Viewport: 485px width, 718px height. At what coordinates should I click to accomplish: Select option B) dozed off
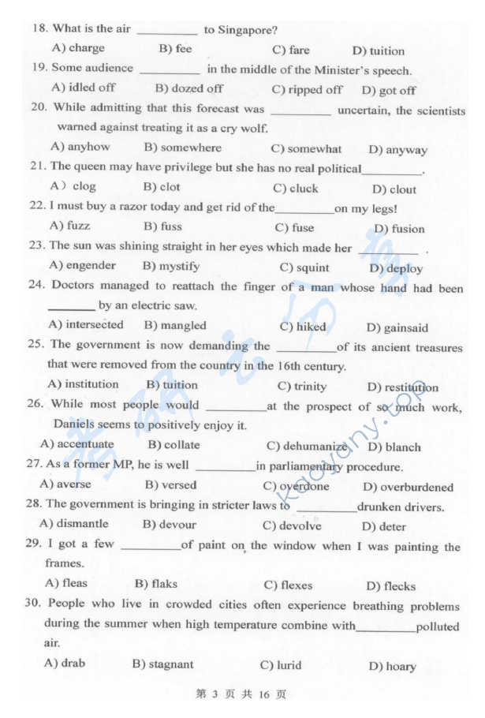point(188,89)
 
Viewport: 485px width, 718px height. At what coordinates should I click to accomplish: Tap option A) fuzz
point(69,226)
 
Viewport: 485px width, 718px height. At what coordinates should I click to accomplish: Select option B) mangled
point(175,325)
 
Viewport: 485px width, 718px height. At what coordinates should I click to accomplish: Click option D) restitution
point(402,387)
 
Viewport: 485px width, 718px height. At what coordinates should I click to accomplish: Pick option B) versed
point(171,485)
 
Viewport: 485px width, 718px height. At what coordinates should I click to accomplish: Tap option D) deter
point(384,526)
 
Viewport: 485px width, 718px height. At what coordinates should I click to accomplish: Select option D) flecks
point(390,586)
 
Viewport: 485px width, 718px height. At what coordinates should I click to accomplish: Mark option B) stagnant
point(162,664)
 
